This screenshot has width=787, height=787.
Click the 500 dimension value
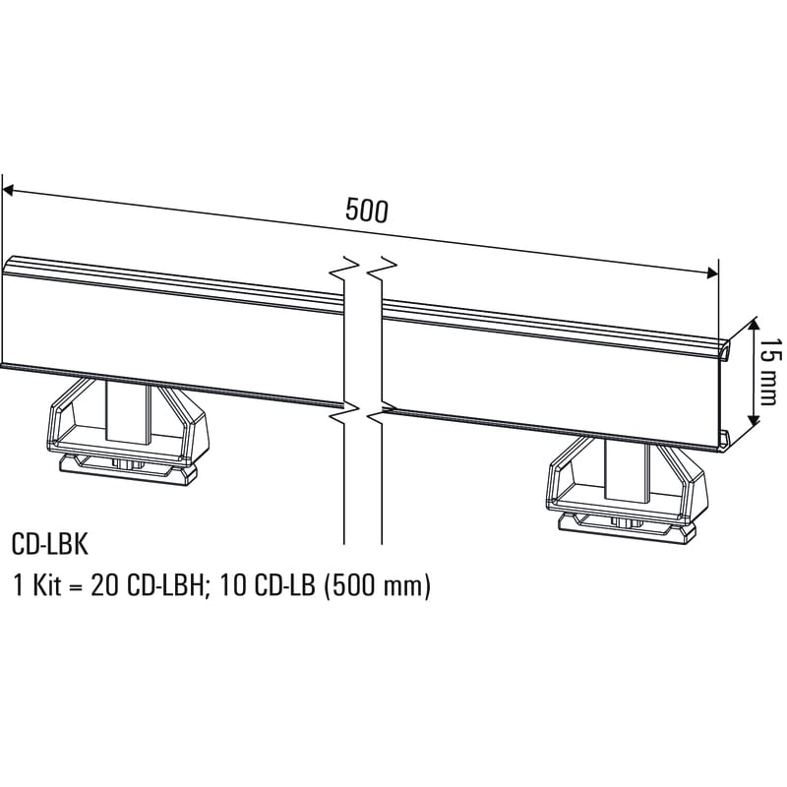[367, 210]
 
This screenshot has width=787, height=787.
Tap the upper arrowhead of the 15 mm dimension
[754, 322]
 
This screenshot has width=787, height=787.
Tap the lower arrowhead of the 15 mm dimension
[754, 421]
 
